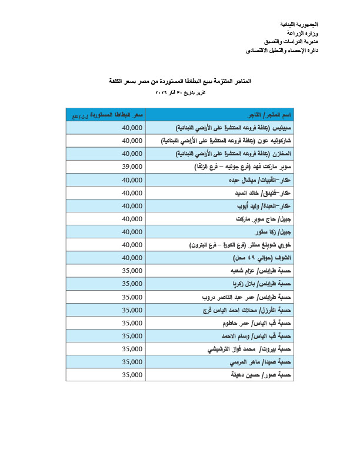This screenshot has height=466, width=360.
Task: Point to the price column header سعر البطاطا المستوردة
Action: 105,114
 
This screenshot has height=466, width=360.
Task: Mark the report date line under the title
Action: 180,93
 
